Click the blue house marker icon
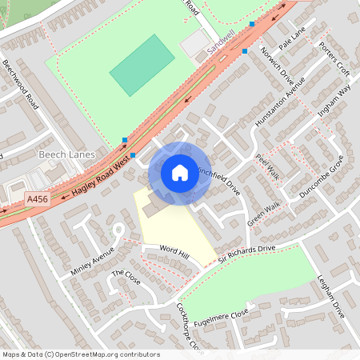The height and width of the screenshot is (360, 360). [180, 173]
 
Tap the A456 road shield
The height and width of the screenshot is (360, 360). [38, 199]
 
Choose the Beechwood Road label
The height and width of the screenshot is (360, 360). [20, 84]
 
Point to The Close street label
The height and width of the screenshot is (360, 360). [126, 278]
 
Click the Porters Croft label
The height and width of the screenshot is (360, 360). [334, 58]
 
